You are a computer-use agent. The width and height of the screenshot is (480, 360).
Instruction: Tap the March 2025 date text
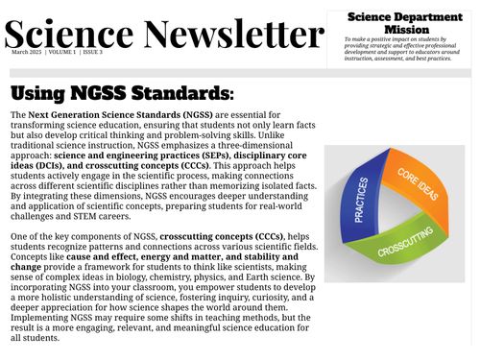pos(27,52)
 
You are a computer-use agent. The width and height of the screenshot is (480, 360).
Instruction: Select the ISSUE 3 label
pos(92,52)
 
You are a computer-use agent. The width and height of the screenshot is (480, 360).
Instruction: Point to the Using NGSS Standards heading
pos(121,93)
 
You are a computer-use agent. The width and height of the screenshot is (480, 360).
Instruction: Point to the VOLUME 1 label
pos(60,52)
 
